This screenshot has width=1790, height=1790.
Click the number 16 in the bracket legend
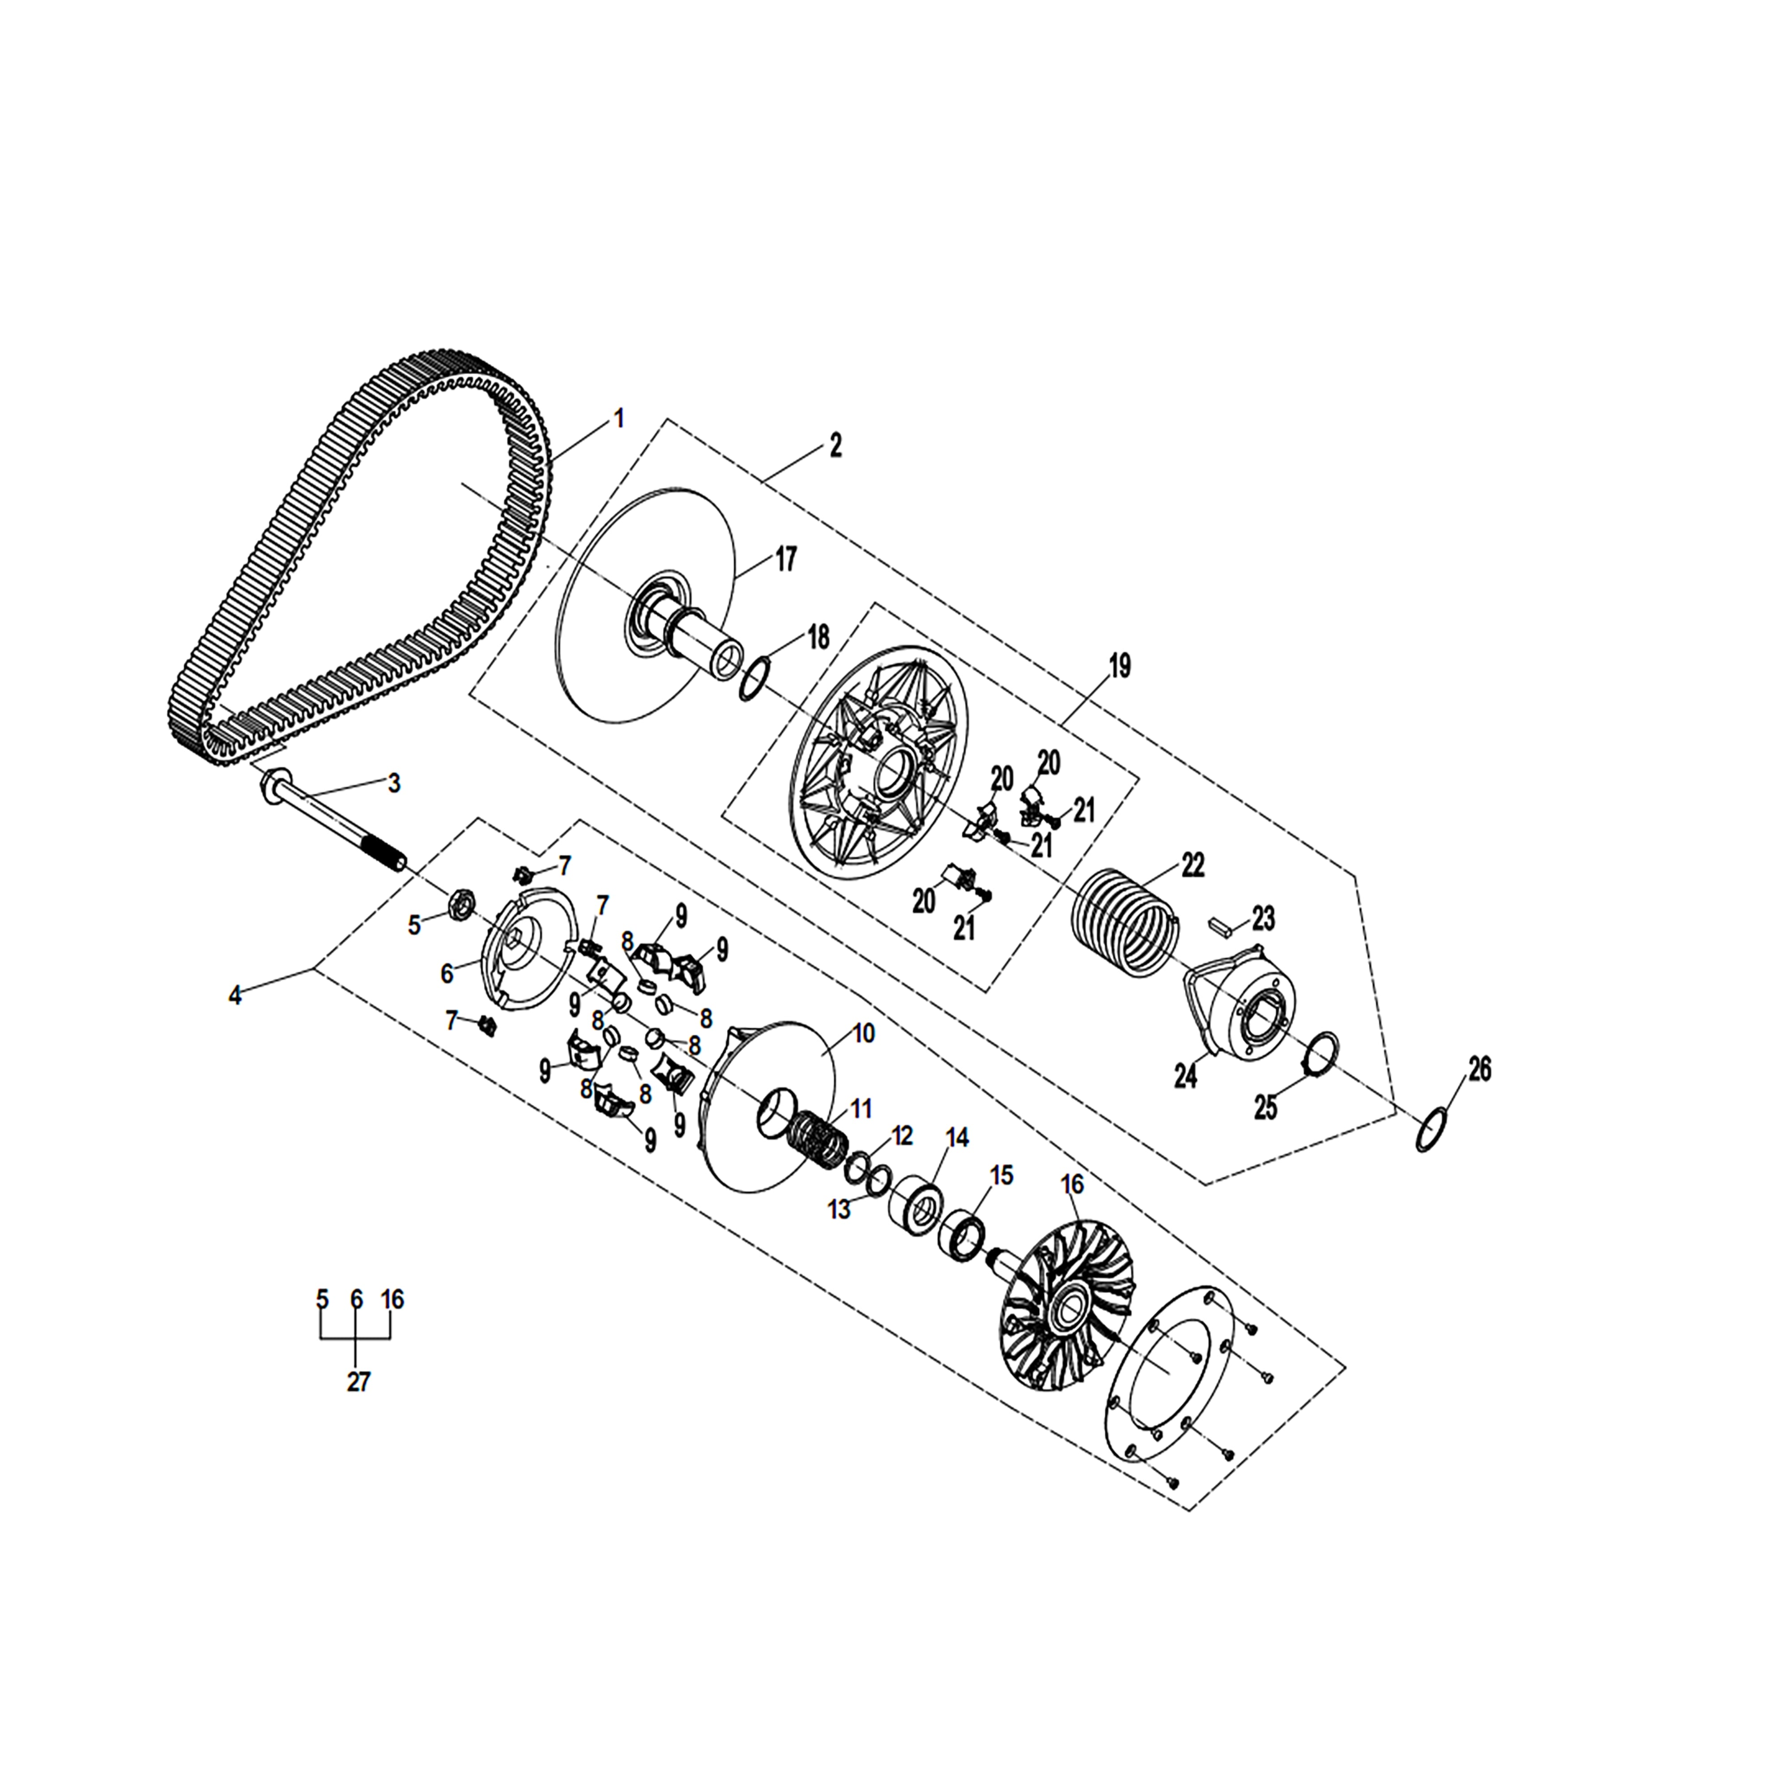point(393,1300)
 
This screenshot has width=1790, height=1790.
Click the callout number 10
point(864,1034)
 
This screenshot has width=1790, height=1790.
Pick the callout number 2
point(835,447)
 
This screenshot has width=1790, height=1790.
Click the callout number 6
point(447,974)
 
